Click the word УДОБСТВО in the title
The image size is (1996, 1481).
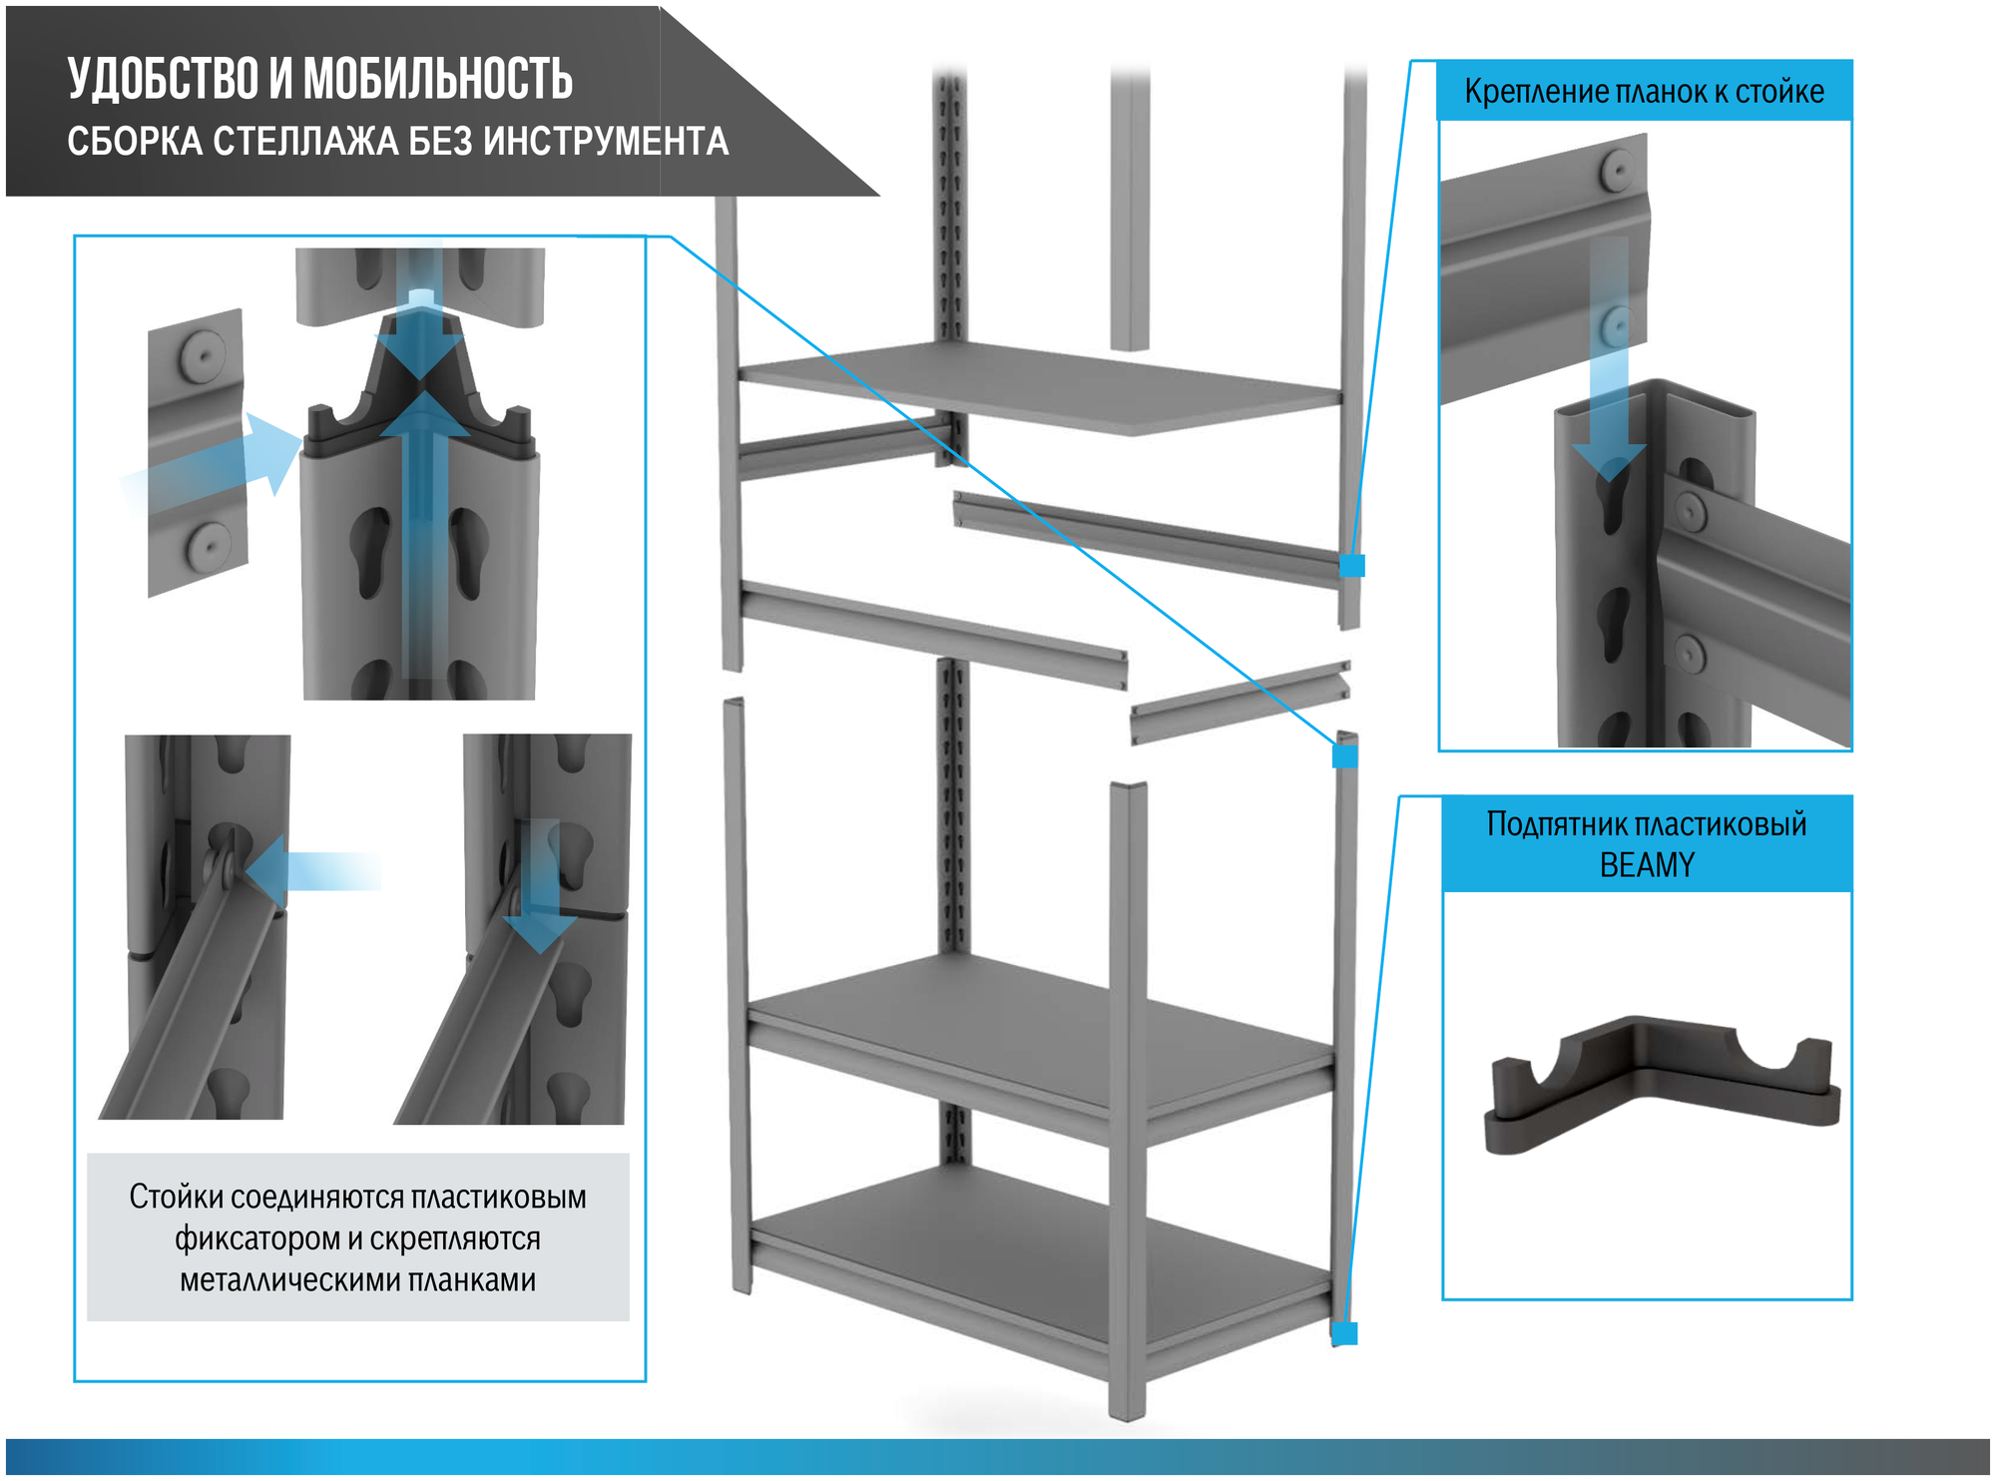click(164, 79)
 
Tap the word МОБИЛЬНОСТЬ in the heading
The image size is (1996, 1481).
click(438, 79)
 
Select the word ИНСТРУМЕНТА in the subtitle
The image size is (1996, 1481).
click(606, 142)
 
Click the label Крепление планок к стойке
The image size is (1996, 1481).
click(1643, 92)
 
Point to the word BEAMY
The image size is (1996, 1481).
click(1647, 864)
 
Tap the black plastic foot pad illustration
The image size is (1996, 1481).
click(1662, 1088)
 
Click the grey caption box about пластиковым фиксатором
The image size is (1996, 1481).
click(357, 1237)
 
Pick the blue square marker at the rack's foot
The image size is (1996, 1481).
click(1345, 1333)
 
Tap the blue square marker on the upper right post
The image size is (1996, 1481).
click(1351, 566)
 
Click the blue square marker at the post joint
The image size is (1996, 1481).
click(1345, 756)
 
